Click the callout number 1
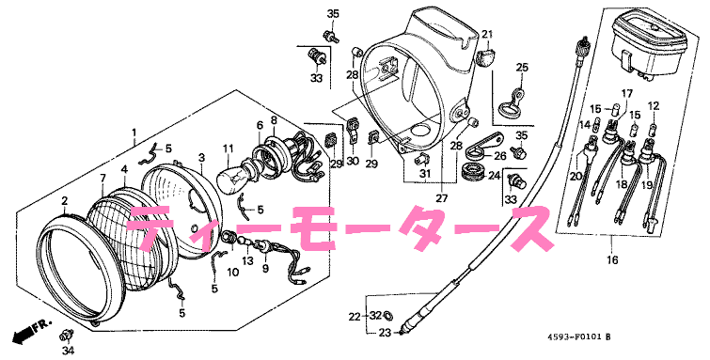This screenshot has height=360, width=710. pos(134,133)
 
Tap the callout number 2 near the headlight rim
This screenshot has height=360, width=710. pos(64,201)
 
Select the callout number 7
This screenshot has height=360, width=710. pos(103,178)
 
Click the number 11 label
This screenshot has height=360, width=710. pos(227,149)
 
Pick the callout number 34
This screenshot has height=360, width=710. pos(67,352)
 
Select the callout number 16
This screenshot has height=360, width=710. pos(612,260)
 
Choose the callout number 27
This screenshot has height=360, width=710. pos(440,199)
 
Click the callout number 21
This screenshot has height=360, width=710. pos(487,35)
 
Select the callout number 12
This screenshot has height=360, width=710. pos(654,104)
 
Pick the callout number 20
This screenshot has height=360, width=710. pos(576,174)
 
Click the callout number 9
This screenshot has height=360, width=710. pos(264,268)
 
